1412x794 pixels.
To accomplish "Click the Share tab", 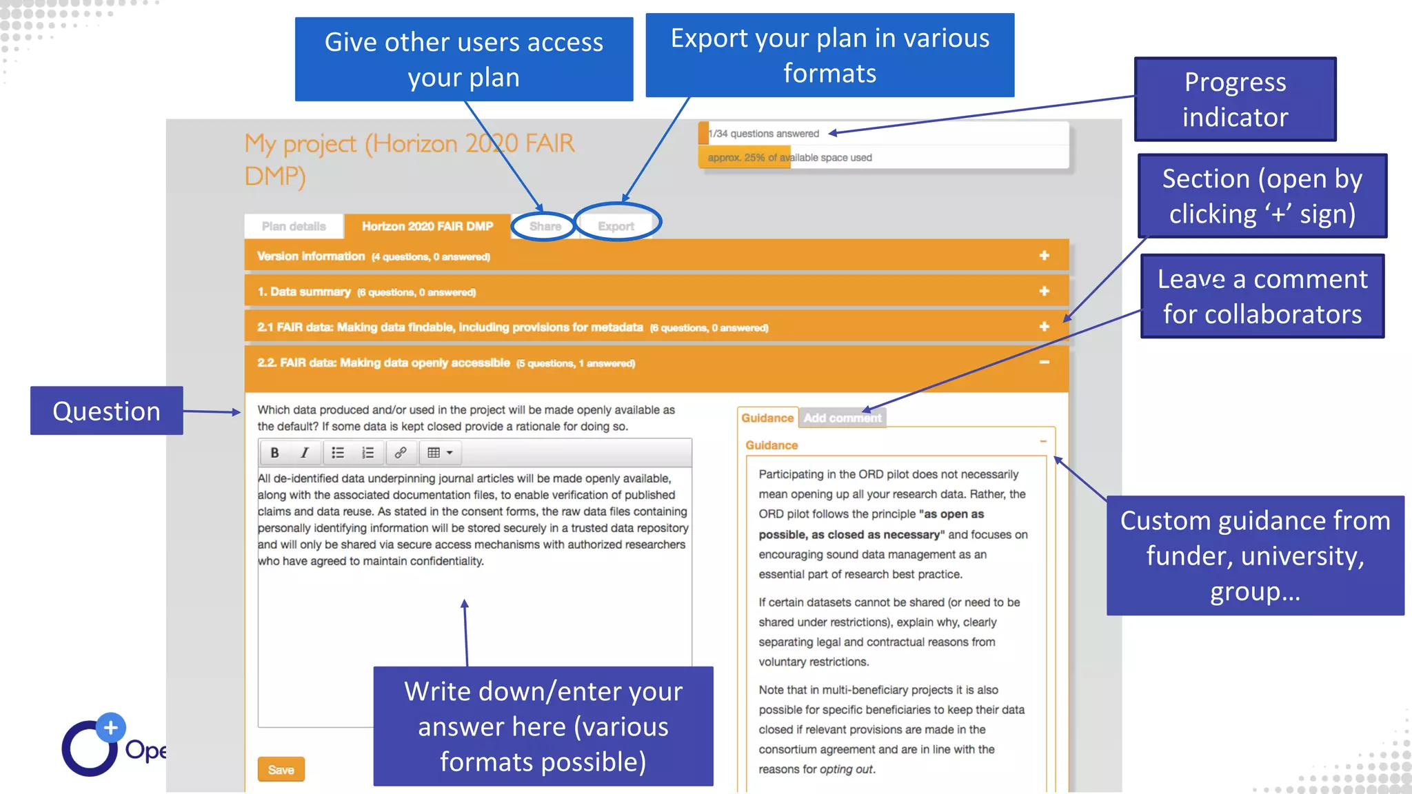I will (545, 226).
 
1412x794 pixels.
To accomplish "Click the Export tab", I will (616, 226).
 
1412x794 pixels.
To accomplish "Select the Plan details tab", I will (294, 226).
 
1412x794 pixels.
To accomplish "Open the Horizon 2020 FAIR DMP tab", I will (427, 226).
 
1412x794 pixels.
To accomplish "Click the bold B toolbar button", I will (274, 453).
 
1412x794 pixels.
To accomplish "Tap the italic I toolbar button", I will (304, 453).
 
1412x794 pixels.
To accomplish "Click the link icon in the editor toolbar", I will (401, 453).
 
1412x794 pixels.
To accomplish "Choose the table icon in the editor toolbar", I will (439, 453).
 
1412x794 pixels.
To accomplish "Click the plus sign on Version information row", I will (1044, 256).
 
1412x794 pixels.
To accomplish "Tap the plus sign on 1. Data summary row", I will (1044, 291).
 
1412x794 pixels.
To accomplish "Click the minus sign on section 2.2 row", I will (1044, 363).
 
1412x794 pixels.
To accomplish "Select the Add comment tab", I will (843, 418).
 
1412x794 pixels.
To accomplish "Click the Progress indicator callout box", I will (1235, 99).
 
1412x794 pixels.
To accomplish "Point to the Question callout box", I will (106, 411).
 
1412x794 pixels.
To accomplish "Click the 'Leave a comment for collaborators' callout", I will (1262, 296).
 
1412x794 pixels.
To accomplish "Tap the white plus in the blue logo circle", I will (110, 728).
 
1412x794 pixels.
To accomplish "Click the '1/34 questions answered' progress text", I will (765, 134).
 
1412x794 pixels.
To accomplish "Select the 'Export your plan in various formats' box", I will (829, 55).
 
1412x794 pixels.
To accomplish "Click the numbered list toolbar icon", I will (367, 453).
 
